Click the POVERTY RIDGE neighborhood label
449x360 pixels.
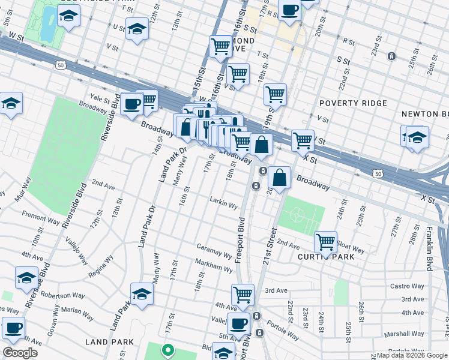[357, 103]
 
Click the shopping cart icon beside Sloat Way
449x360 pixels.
[325, 242]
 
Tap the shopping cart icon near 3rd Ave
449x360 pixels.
[243, 294]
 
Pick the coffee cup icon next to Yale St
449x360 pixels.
[131, 103]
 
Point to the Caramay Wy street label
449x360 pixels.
[214, 251]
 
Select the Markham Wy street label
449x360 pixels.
[213, 266]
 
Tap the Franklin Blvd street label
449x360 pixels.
[430, 246]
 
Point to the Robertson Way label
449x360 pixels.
[62, 295]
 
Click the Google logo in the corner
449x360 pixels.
[20, 353]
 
